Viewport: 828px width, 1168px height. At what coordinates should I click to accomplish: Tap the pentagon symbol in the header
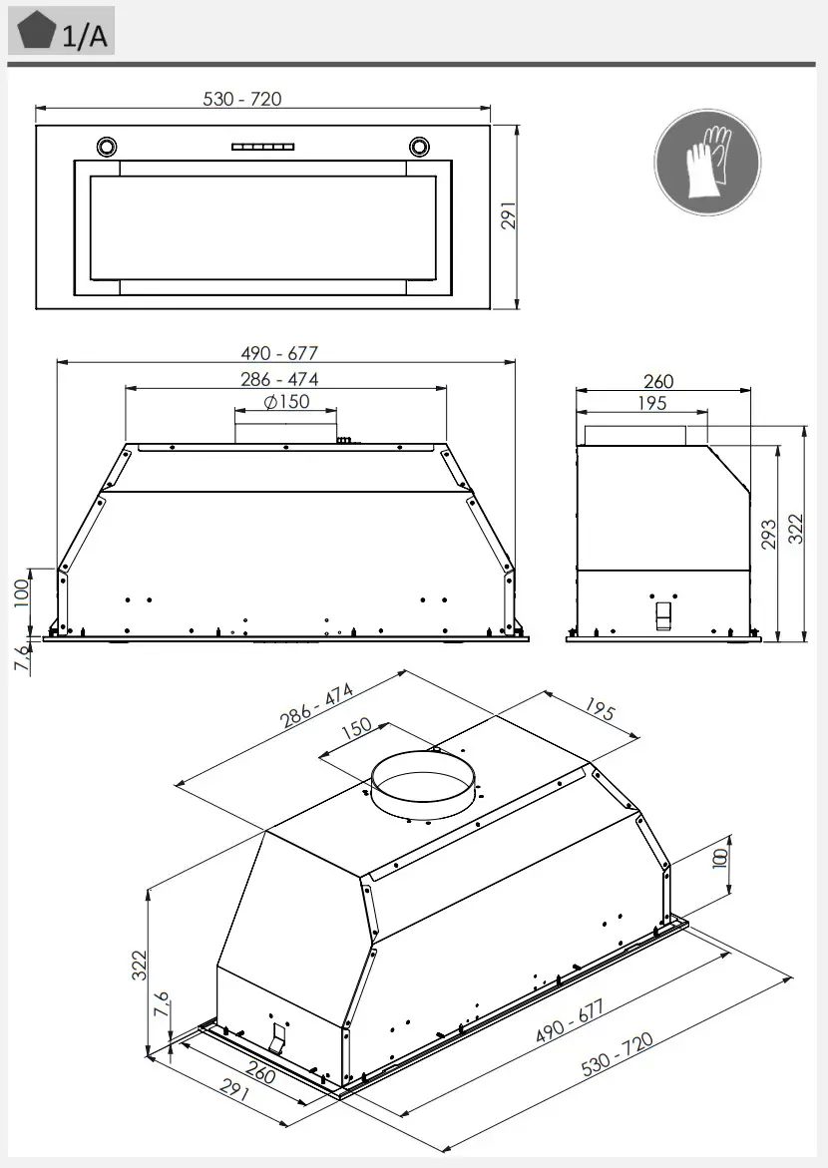click(36, 33)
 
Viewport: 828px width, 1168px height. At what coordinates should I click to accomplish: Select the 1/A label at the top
click(84, 37)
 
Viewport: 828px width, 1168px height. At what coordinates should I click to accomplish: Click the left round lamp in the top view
click(107, 147)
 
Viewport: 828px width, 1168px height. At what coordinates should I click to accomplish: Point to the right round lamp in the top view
click(420, 147)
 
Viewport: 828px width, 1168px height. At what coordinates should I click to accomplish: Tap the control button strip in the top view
click(263, 147)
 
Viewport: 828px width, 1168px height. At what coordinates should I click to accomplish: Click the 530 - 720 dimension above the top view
click(242, 99)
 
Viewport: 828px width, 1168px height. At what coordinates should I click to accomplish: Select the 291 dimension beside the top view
click(508, 217)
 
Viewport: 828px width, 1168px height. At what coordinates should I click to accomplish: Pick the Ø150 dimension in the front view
click(286, 402)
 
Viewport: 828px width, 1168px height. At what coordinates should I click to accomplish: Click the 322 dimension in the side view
click(795, 529)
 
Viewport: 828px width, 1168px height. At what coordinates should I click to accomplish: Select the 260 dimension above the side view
click(658, 381)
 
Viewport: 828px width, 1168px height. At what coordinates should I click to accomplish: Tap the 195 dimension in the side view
click(651, 403)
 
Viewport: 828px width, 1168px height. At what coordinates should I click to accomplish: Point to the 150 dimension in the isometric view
click(356, 730)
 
